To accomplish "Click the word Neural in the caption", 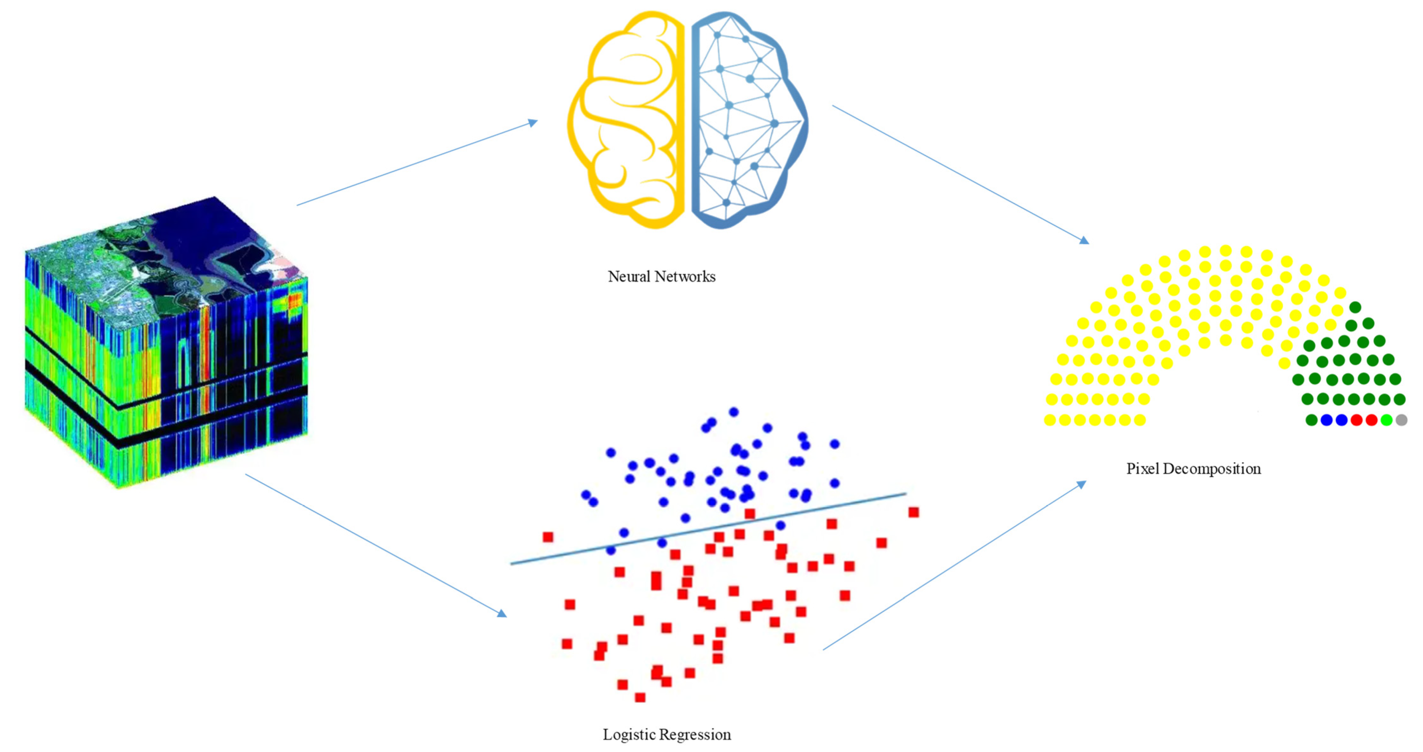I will [x=628, y=276].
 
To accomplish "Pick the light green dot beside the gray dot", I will [x=1386, y=420].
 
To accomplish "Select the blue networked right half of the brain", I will [x=746, y=119].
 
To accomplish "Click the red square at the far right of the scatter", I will [x=914, y=512].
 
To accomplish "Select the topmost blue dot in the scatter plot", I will [x=734, y=412].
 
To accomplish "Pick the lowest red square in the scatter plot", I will [x=640, y=697].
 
